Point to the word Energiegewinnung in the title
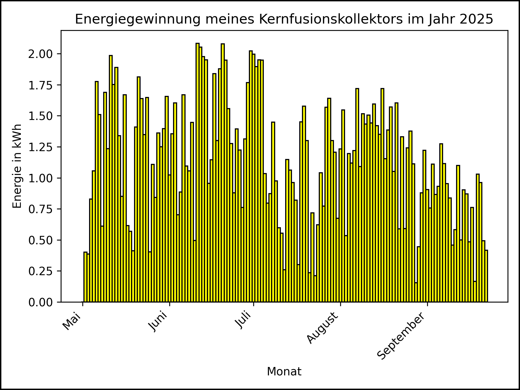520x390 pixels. [138, 19]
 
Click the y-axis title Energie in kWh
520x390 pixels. [17, 166]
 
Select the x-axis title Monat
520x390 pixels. [284, 372]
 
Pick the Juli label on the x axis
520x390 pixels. [243, 321]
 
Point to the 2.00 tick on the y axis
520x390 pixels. [41, 54]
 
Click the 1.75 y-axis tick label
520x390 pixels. [41, 85]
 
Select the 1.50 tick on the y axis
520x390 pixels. [41, 116]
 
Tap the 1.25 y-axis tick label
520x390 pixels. [41, 147]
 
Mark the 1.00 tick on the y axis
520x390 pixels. [41, 178]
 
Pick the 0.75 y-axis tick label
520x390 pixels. [41, 209]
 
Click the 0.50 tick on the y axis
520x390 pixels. [41, 240]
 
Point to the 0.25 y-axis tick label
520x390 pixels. [41, 271]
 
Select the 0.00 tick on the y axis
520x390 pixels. [41, 302]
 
